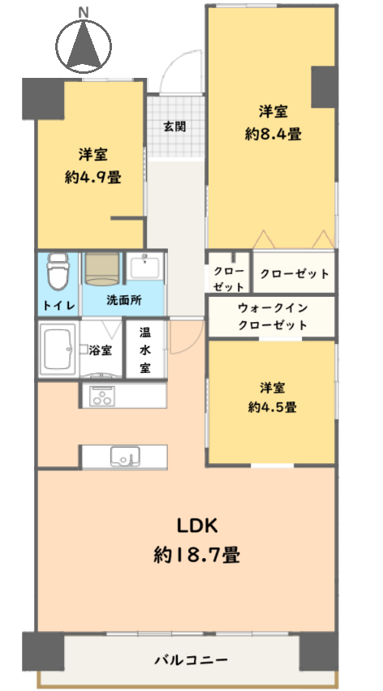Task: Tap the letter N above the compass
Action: pyautogui.click(x=83, y=13)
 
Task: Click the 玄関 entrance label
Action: pyautogui.click(x=175, y=127)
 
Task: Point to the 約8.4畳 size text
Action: pyautogui.click(x=273, y=134)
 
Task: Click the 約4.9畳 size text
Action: pyautogui.click(x=93, y=177)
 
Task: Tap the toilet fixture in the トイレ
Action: pyautogui.click(x=58, y=272)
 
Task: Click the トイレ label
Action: pyautogui.click(x=59, y=305)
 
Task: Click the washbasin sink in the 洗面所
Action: pyautogui.click(x=145, y=267)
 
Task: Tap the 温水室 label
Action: pyautogui.click(x=145, y=350)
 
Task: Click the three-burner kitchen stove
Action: pyautogui.click(x=101, y=395)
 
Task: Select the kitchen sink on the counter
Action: pyautogui.click(x=125, y=456)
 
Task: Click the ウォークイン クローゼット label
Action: pyautogui.click(x=273, y=317)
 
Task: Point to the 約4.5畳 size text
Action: pyautogui.click(x=272, y=407)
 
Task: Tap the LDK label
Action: pyautogui.click(x=197, y=525)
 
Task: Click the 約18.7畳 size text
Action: pyautogui.click(x=197, y=555)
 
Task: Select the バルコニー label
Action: pyautogui.click(x=191, y=659)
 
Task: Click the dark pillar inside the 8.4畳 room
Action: pyautogui.click(x=325, y=87)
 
